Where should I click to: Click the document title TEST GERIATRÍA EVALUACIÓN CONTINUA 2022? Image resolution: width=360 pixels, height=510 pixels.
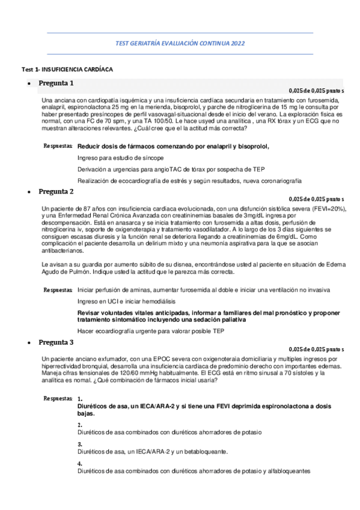point(180,43)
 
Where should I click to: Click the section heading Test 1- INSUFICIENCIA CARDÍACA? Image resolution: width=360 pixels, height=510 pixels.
point(66,70)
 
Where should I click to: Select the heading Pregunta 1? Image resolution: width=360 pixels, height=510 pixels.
point(56,83)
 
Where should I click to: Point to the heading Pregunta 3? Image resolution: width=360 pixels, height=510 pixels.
point(56,342)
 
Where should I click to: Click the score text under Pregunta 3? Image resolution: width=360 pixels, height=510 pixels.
point(316,349)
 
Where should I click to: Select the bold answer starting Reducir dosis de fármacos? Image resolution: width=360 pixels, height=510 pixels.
point(173,146)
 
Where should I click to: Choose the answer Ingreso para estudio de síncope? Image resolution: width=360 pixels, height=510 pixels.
point(121,158)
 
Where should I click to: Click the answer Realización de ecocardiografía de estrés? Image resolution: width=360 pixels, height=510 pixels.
point(189,180)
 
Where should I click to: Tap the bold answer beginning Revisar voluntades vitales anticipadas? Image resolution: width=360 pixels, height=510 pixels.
point(209,316)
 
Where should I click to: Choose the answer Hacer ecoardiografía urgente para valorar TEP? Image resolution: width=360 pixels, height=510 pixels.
point(150,331)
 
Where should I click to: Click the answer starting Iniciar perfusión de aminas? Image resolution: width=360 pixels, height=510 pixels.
point(203,290)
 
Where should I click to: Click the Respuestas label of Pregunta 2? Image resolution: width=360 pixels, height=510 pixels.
point(58,290)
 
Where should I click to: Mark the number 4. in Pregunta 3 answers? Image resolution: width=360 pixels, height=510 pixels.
point(80,464)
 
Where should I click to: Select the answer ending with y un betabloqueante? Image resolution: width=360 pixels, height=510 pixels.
point(153,451)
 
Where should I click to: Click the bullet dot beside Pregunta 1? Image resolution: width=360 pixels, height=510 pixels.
point(29,84)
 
